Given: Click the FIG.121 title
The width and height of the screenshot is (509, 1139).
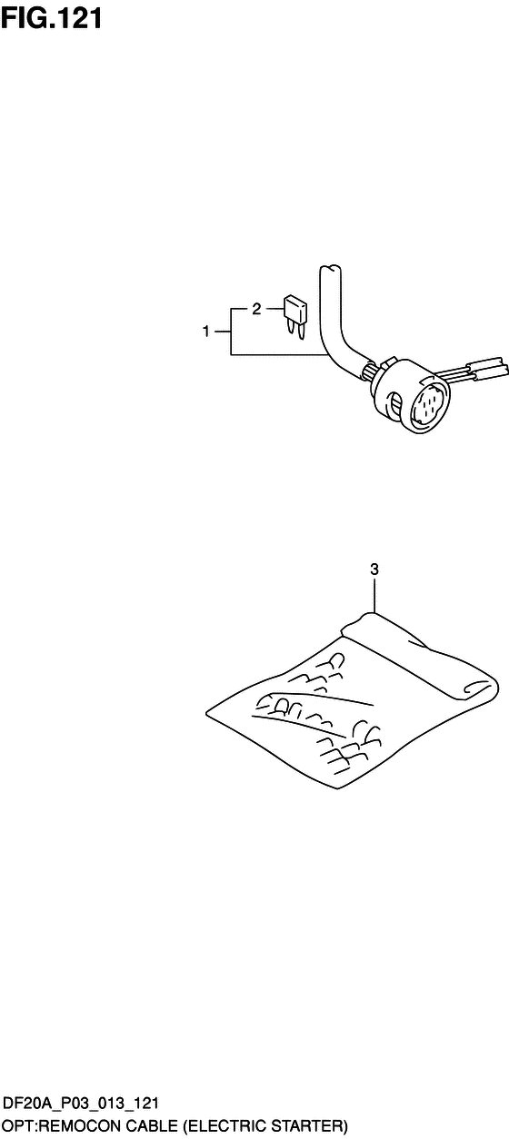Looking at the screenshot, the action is click(52, 18).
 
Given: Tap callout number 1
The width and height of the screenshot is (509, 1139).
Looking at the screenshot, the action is click(205, 332).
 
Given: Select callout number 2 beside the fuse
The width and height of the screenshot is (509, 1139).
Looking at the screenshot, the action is click(256, 308).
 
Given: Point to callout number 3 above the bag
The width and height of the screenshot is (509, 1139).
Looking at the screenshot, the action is click(374, 569).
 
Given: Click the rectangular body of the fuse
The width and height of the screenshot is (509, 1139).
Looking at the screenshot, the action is click(295, 309).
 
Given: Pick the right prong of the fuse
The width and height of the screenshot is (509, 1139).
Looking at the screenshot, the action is click(302, 332).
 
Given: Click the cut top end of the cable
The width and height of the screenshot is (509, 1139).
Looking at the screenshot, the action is click(329, 269).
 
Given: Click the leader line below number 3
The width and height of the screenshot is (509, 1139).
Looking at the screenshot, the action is click(374, 596).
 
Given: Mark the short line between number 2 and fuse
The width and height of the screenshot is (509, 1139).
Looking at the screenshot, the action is click(274, 308).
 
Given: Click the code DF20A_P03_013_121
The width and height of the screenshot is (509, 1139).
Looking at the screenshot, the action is click(82, 1103).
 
